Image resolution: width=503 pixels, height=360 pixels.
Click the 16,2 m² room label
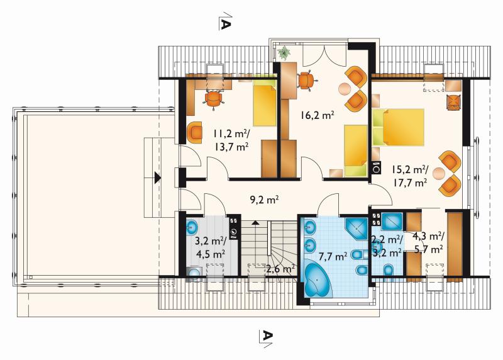coord(318,115)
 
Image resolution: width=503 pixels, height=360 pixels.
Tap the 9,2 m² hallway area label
coord(264,200)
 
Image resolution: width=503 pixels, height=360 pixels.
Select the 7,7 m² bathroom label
coord(333,256)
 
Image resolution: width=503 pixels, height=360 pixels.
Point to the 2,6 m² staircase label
coord(281,269)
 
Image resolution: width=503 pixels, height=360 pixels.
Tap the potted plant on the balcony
coord(284,52)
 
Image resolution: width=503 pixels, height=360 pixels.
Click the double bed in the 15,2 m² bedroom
coord(399,127)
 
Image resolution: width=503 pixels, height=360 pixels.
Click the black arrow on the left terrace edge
coord(157,177)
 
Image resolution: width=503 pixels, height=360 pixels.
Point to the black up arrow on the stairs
coord(255,222)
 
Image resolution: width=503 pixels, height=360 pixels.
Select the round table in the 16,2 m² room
coord(345,89)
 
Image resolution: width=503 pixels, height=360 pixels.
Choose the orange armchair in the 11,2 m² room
coord(194,132)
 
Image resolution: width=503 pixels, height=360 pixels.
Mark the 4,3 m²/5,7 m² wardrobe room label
coord(428,242)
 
